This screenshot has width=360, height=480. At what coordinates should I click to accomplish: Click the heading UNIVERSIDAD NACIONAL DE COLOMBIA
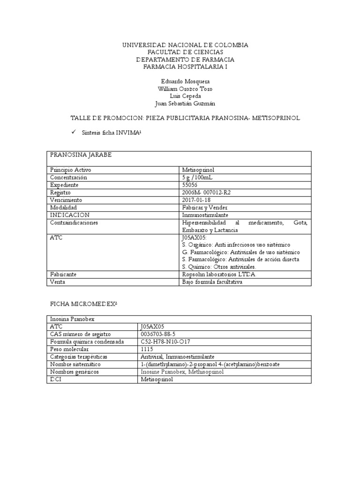(x=185, y=45)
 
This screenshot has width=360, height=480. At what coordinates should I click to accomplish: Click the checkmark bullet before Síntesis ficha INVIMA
(x=74, y=133)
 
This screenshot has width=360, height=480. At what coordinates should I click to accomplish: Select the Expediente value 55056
(x=190, y=185)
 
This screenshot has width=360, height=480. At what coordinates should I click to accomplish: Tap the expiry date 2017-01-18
(x=197, y=200)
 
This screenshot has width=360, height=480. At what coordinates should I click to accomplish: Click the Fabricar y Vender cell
(x=204, y=208)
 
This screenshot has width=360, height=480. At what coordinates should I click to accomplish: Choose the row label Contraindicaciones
(x=74, y=223)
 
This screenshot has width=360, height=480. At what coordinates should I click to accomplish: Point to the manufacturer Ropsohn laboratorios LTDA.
(x=217, y=274)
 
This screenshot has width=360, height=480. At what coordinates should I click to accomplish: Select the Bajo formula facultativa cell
(x=212, y=282)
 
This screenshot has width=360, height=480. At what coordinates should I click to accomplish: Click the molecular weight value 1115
(x=146, y=349)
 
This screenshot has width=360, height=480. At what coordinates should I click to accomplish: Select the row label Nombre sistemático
(x=75, y=364)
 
